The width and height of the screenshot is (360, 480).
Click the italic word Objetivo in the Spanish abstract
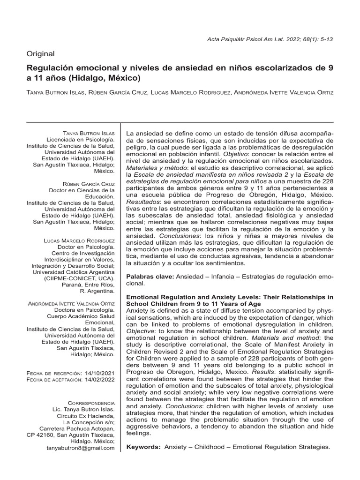[237, 154]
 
